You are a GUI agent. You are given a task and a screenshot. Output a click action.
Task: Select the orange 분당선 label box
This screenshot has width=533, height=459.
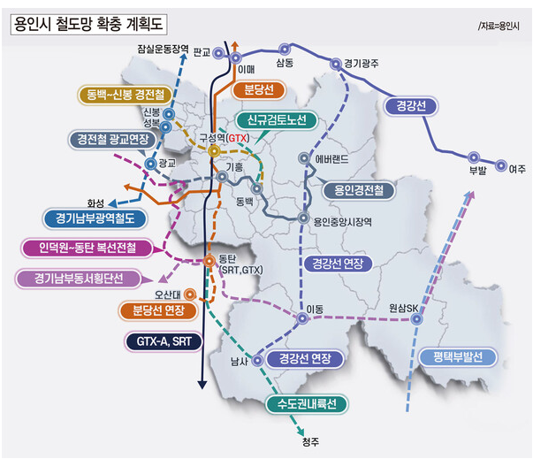258,89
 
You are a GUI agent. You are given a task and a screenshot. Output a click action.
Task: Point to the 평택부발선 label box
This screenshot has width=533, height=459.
452,357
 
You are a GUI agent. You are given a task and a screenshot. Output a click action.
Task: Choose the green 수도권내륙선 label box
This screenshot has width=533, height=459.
307,404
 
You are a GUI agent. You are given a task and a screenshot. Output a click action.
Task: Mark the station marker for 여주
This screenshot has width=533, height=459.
502,165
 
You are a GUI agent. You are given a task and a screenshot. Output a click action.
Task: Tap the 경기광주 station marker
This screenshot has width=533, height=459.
336,63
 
